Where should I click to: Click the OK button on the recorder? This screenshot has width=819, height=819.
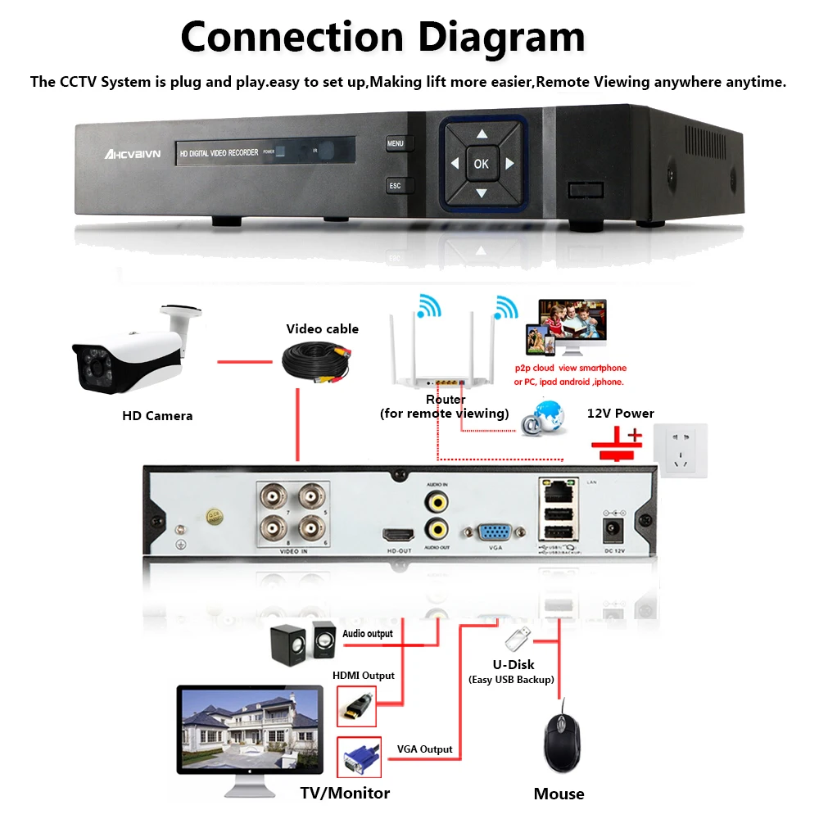tap(481, 164)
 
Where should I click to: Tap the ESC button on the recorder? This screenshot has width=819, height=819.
tap(396, 186)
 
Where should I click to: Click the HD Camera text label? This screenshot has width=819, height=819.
tap(157, 416)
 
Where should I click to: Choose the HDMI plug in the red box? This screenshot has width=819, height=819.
tap(356, 705)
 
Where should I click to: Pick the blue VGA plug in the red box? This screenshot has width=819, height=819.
tap(358, 758)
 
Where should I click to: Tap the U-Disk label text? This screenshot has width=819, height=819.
tap(512, 664)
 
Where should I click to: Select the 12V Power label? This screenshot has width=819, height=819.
tap(621, 413)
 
